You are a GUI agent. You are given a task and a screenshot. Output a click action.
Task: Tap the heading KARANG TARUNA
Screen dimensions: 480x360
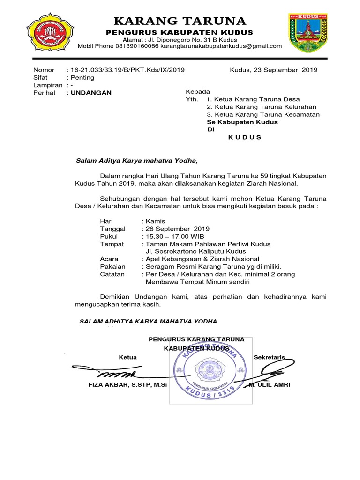pos(180,21)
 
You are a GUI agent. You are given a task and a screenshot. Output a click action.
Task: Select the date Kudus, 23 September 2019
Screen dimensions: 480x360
pos(273,70)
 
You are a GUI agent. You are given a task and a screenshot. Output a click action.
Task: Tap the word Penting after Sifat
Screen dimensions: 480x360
pos(82,78)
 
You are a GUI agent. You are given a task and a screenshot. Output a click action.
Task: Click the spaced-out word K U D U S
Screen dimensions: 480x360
pos(245,137)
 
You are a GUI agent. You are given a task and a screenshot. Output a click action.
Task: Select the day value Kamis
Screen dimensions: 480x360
pos(156,221)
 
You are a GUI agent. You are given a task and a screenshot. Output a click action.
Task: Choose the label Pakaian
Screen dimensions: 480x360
pos(112,266)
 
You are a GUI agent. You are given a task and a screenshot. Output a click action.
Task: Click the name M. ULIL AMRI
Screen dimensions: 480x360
pos(270,385)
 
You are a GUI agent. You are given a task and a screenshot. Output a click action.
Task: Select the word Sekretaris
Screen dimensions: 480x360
pos(269,357)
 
